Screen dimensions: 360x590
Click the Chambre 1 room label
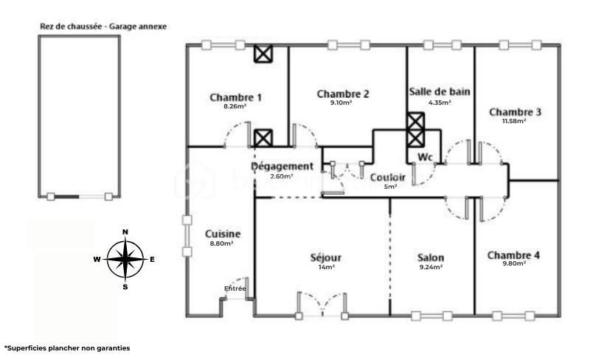tap(235, 97)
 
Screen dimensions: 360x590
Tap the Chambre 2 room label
tap(343, 94)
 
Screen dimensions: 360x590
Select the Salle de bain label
tap(440, 91)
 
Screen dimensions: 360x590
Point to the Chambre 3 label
tap(516, 112)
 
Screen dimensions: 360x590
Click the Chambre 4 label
tap(514, 255)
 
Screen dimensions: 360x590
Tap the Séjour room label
tap(326, 257)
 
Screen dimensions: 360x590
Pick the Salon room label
tap(431, 257)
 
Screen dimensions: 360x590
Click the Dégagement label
tap(282, 167)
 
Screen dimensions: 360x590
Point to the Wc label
tap(425, 157)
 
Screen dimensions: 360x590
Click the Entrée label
tap(235, 288)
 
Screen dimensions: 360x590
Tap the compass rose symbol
tap(125, 259)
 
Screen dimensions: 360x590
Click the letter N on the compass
tap(125, 232)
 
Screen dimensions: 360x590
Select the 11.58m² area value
tap(515, 121)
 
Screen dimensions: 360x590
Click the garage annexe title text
tap(103, 26)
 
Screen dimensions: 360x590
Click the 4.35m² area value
tap(440, 102)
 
